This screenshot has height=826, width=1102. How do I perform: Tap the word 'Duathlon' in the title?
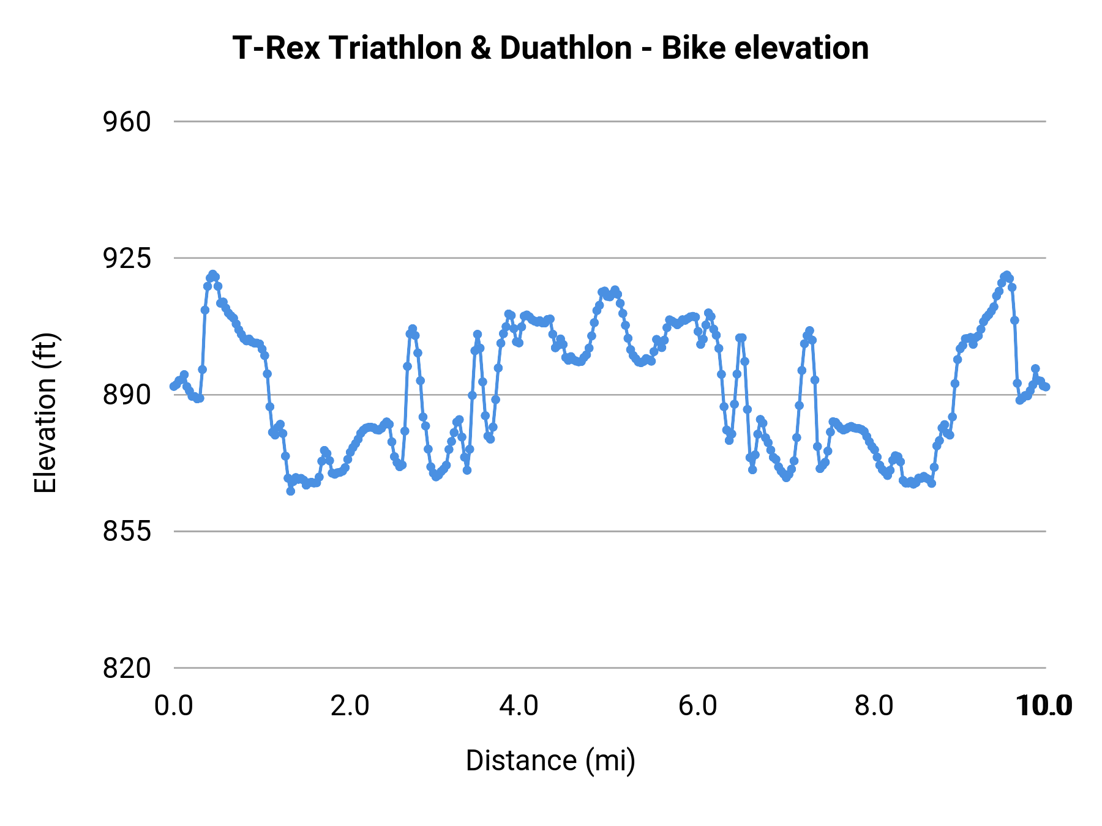click(566, 48)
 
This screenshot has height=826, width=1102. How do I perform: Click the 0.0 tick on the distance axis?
click(174, 706)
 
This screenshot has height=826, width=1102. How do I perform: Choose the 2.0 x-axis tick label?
click(350, 706)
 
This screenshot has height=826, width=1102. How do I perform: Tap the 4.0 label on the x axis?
click(519, 706)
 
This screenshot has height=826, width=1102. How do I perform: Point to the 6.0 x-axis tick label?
click(698, 706)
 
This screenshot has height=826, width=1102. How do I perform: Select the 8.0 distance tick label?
click(874, 706)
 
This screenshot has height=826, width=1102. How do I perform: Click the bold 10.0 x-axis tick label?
click(1044, 706)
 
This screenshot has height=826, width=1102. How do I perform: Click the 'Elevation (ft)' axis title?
click(45, 413)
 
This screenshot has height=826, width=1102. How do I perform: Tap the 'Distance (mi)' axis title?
click(550, 761)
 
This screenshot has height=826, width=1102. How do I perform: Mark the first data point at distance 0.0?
click(174, 386)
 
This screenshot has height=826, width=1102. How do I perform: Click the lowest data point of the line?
click(291, 491)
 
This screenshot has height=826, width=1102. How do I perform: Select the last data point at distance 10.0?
click(1046, 387)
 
